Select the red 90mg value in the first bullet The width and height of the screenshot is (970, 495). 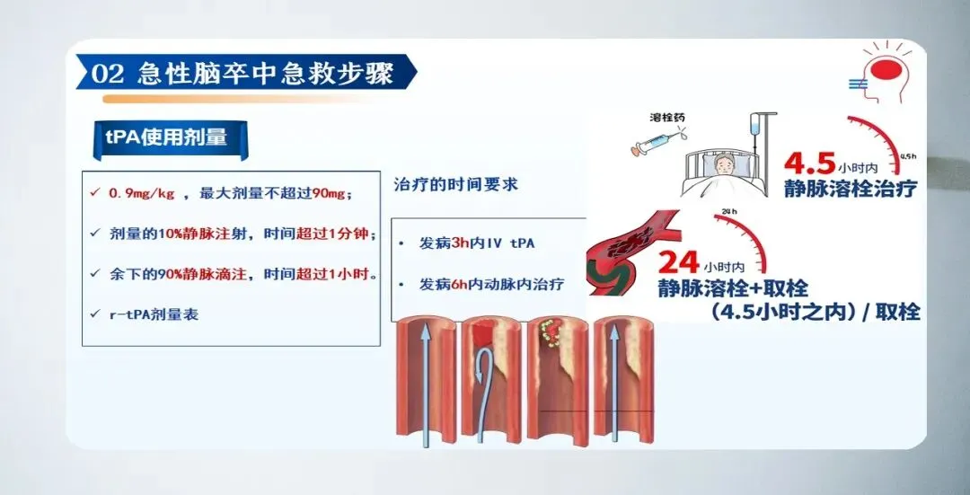pos(329,193)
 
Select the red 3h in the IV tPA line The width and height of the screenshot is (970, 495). pos(463,244)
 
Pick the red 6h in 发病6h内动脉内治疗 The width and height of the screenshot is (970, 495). pos(463,285)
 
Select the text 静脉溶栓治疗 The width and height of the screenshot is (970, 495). pos(850,190)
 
